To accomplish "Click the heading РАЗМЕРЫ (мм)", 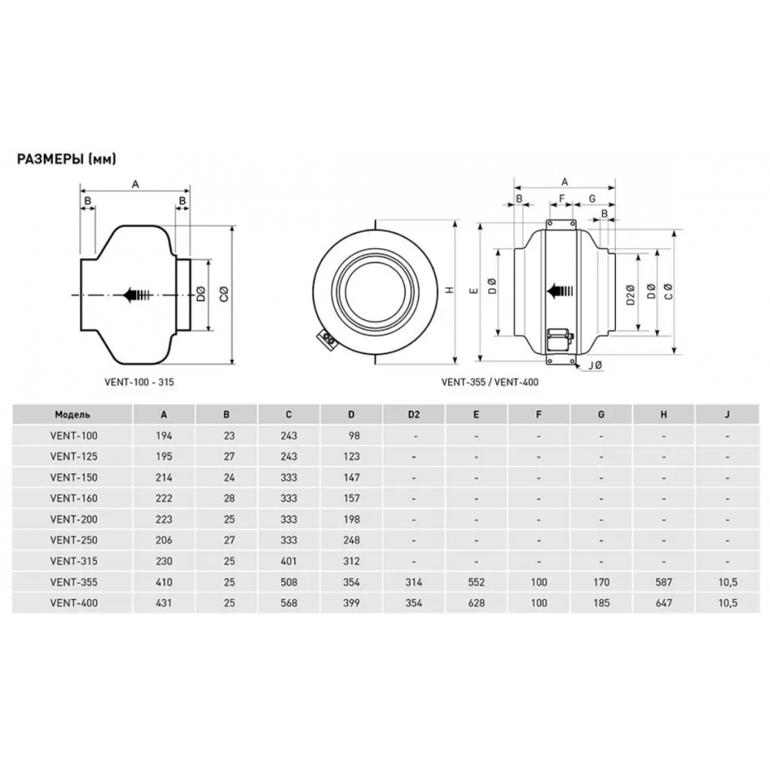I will pyautogui.click(x=66, y=159).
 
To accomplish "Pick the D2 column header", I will pyautogui.click(x=413, y=414).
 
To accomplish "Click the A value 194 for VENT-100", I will pyautogui.click(x=163, y=435).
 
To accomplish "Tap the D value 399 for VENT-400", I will pyautogui.click(x=350, y=603).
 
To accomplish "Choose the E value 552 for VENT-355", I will pyautogui.click(x=476, y=583).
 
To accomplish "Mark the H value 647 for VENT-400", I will pyautogui.click(x=664, y=603).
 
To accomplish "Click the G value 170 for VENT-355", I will pyautogui.click(x=601, y=583).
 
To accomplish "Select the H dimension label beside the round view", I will pyautogui.click(x=450, y=290).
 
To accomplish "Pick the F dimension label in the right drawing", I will pyautogui.click(x=561, y=199).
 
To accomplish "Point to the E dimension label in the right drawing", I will pyautogui.click(x=474, y=290).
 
